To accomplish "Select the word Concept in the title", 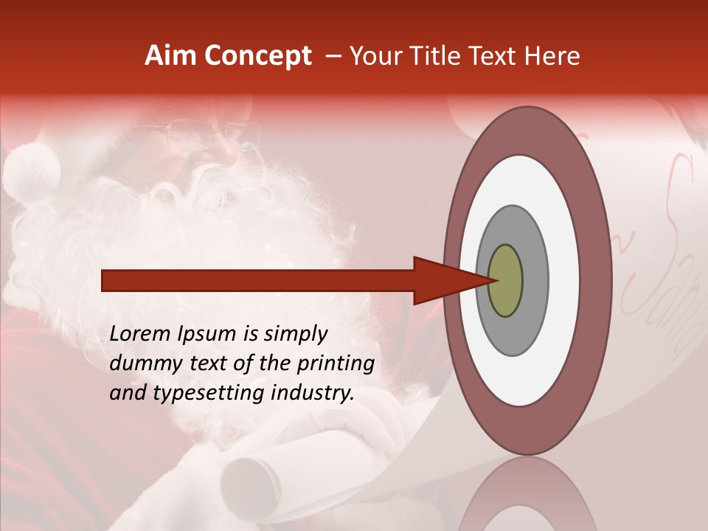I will click(257, 56).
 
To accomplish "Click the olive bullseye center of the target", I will click(506, 281).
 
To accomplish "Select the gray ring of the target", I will click(536, 281).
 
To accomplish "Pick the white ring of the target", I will click(564, 281).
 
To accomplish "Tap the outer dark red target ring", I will click(596, 281).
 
